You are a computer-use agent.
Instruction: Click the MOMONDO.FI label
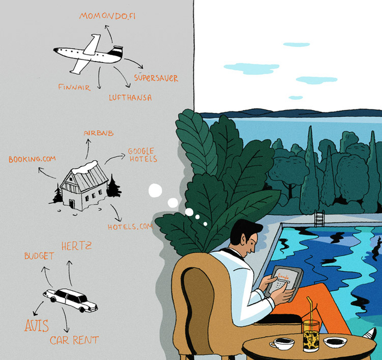coord(107,16)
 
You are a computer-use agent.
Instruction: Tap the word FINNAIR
coord(74,87)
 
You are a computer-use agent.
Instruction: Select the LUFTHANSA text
coord(130,98)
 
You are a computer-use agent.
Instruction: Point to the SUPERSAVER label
coord(156,77)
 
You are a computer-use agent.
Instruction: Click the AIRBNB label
coord(99,133)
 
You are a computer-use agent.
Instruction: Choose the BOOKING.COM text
coord(32,159)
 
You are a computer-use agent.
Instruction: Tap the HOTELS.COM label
coord(130,227)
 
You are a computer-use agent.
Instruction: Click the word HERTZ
coord(76,246)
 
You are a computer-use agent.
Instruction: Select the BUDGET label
coord(39,256)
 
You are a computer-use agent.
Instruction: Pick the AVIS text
coord(37,326)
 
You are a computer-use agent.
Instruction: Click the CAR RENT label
coord(74,340)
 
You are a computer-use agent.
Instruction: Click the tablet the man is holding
coord(284,283)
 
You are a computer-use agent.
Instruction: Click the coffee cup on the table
coord(282,344)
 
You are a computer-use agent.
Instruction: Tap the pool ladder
coord(319,218)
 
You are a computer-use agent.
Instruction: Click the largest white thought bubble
coord(156,190)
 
